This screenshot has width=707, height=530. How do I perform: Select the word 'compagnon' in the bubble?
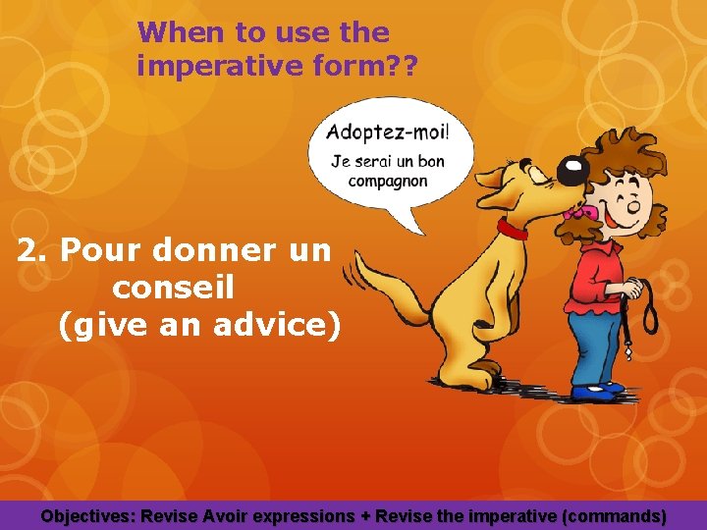(387, 182)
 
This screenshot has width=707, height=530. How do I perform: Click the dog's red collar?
(512, 230)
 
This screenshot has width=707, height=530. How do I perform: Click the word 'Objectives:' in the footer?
(89, 515)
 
